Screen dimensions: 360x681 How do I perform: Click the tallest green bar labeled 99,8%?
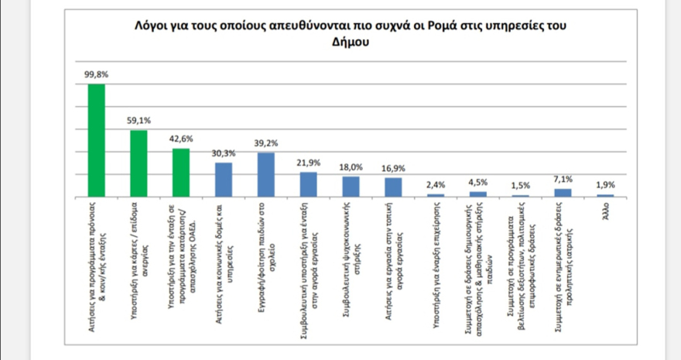click(x=96, y=139)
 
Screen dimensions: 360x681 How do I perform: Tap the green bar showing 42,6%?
click(x=180, y=172)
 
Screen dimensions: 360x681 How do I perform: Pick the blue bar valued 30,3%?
click(x=223, y=179)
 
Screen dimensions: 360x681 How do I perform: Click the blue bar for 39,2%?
click(x=265, y=174)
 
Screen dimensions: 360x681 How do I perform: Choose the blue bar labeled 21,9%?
click(x=308, y=183)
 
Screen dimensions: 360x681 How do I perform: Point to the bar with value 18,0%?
click(x=351, y=186)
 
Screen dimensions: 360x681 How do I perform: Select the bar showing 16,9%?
click(x=393, y=187)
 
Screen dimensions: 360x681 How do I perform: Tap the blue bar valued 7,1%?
click(x=563, y=192)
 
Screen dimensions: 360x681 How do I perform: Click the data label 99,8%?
click(x=96, y=75)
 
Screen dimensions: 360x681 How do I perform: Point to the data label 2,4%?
click(x=436, y=184)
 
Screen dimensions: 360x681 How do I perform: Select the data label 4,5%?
click(x=478, y=183)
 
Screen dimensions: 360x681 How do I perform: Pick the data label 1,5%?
click(x=520, y=186)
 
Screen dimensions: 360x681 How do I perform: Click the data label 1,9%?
click(x=605, y=184)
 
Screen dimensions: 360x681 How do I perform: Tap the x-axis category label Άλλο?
click(x=605, y=210)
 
